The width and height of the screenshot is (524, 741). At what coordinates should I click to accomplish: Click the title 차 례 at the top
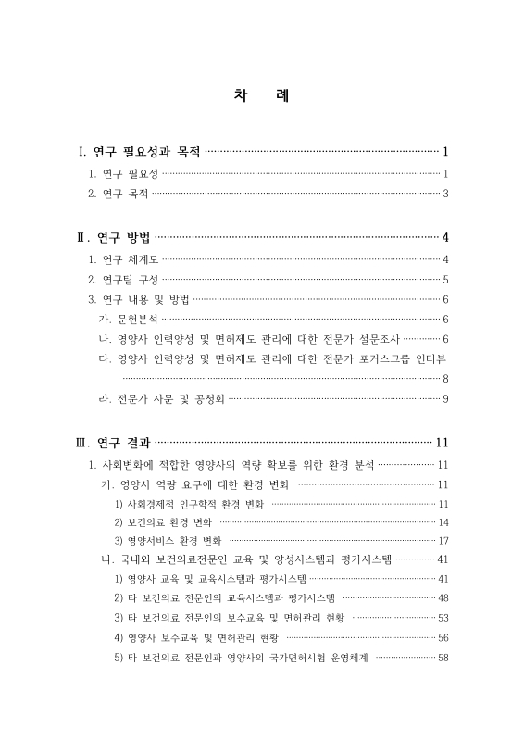point(261,97)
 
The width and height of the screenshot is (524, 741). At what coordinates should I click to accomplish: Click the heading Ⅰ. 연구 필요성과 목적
point(139,152)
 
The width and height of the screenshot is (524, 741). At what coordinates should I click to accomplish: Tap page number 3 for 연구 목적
point(446,194)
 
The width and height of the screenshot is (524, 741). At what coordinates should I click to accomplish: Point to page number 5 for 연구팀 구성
point(446,279)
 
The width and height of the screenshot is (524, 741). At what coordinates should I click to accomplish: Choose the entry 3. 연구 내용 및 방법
point(139,299)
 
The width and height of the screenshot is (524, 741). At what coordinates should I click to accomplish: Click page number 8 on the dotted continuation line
point(446,378)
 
